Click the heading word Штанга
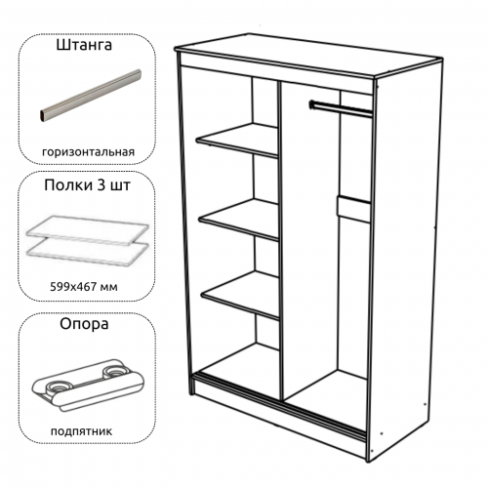[x=84, y=45]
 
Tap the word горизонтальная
[x=88, y=152]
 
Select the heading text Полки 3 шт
[x=87, y=185]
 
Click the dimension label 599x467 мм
[x=84, y=287]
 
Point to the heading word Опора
[x=84, y=324]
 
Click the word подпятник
[x=81, y=431]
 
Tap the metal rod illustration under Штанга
[x=91, y=96]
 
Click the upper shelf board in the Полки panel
[x=87, y=229]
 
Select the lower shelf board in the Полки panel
[x=87, y=251]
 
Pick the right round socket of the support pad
[x=115, y=371]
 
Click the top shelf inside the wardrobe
[x=237, y=140]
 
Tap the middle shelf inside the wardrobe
[x=239, y=220]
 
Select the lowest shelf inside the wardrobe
[x=241, y=295]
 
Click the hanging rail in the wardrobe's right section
[x=341, y=108]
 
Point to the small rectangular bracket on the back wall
[x=353, y=209]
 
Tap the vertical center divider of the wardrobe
[x=281, y=241]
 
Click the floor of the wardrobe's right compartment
[x=326, y=398]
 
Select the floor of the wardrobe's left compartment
[x=239, y=368]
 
